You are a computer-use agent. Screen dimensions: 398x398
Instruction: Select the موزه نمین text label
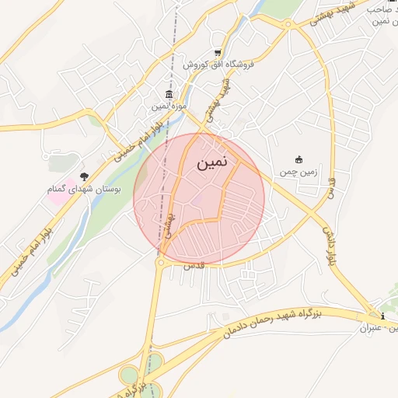pyautogui.click(x=169, y=106)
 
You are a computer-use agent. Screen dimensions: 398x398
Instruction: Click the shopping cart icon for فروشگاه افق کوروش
pyautogui.click(x=218, y=53)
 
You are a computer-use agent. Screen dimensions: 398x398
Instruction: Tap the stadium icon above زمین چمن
pyautogui.click(x=298, y=159)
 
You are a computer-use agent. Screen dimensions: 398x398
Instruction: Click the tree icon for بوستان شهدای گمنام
pyautogui.click(x=84, y=176)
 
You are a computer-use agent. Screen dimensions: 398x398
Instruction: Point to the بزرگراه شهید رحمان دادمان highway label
pyautogui.click(x=283, y=320)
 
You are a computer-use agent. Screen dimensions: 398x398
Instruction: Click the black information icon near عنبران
pyautogui.click(x=383, y=316)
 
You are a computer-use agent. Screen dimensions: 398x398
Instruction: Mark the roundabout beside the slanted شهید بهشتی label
pyautogui.click(x=289, y=24)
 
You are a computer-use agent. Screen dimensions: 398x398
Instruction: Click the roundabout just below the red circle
pyautogui.click(x=160, y=264)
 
